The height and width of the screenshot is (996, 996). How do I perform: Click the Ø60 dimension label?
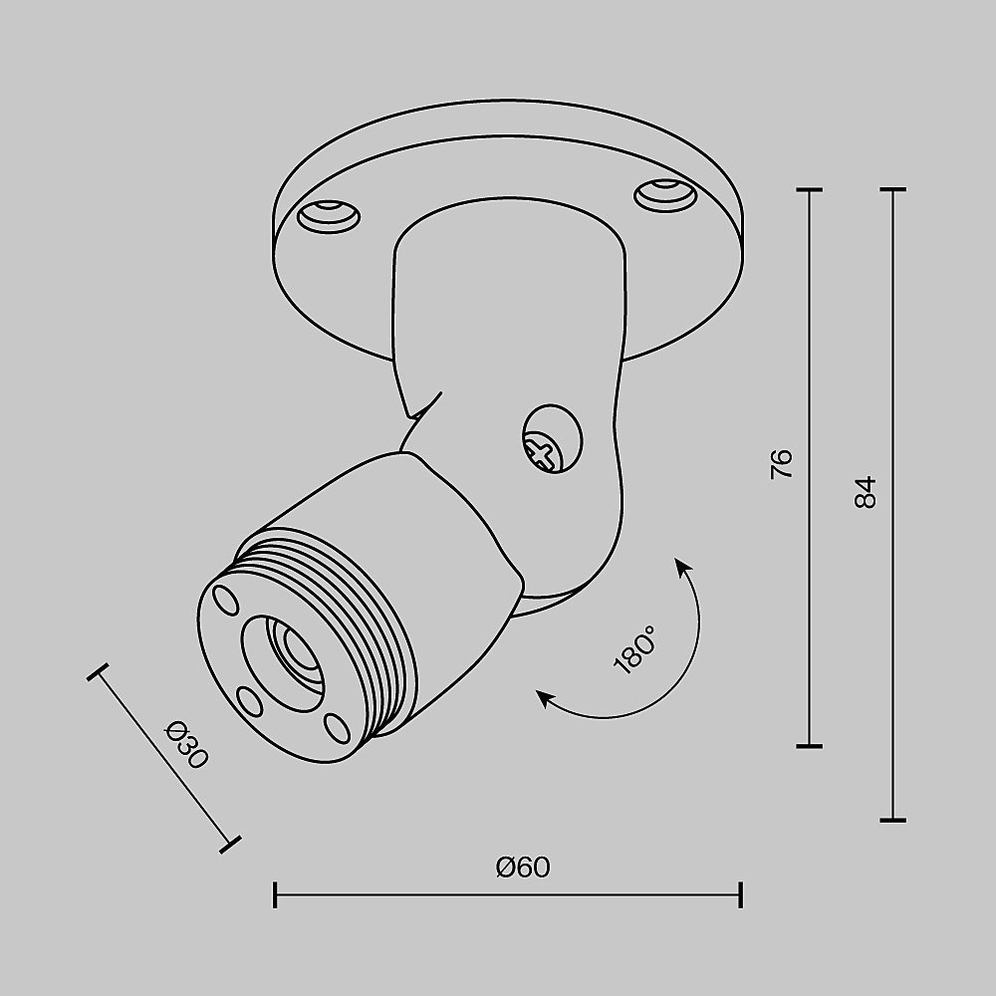click(x=523, y=868)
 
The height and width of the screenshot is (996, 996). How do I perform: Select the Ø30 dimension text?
click(x=186, y=743)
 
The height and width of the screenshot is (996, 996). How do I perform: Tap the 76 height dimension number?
click(x=783, y=464)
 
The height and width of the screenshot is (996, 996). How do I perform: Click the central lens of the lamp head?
click(x=296, y=653)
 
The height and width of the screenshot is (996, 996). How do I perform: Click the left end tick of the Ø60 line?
click(x=275, y=893)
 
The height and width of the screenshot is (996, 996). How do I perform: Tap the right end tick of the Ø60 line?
click(x=740, y=893)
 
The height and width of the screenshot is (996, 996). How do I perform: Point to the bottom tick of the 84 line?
click(x=892, y=820)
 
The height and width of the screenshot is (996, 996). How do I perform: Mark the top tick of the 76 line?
click(x=810, y=188)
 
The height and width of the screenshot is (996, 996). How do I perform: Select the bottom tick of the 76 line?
click(x=810, y=744)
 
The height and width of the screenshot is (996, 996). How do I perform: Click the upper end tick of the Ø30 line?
click(x=97, y=673)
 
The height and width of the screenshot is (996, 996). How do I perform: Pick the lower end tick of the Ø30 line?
click(x=231, y=845)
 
